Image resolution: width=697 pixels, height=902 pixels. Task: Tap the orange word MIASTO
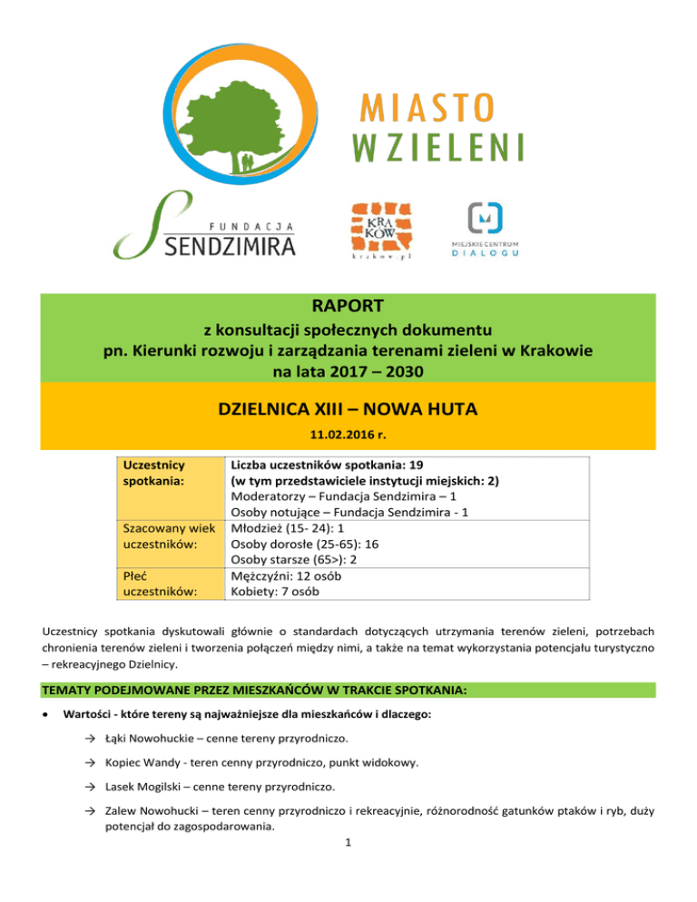(x=423, y=112)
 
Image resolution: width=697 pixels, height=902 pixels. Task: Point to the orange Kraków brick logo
(x=378, y=230)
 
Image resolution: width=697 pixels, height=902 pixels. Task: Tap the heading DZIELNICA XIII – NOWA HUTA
(x=348, y=411)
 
